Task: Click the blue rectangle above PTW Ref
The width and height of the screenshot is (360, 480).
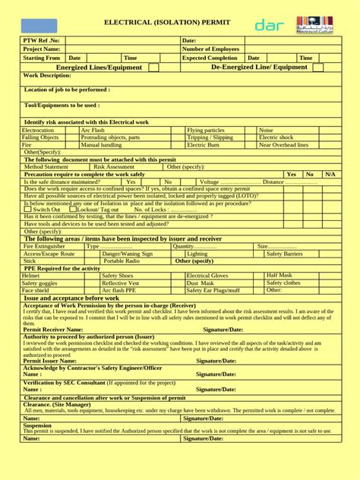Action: [39, 26]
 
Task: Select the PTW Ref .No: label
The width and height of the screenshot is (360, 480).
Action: [42, 40]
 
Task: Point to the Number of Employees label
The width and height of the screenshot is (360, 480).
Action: [210, 49]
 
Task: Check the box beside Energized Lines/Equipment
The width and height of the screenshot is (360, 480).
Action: [154, 68]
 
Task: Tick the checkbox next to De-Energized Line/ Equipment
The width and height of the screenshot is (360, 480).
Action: [317, 68]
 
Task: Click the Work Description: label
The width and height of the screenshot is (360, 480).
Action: [47, 76]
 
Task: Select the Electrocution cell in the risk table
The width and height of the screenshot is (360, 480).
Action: [38, 131]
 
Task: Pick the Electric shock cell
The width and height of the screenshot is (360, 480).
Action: [276, 137]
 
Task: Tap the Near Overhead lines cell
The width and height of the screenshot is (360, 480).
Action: [283, 144]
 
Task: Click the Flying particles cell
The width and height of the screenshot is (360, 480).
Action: [206, 131]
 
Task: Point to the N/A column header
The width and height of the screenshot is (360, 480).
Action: [330, 174]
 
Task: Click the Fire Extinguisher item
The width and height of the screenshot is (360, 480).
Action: [45, 246]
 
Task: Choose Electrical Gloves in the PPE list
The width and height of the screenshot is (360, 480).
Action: [207, 276]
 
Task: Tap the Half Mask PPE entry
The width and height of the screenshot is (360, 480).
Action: [279, 275]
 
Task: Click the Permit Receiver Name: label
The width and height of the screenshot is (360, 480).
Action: [53, 330]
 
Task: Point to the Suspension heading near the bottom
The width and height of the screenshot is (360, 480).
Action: [38, 426]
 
